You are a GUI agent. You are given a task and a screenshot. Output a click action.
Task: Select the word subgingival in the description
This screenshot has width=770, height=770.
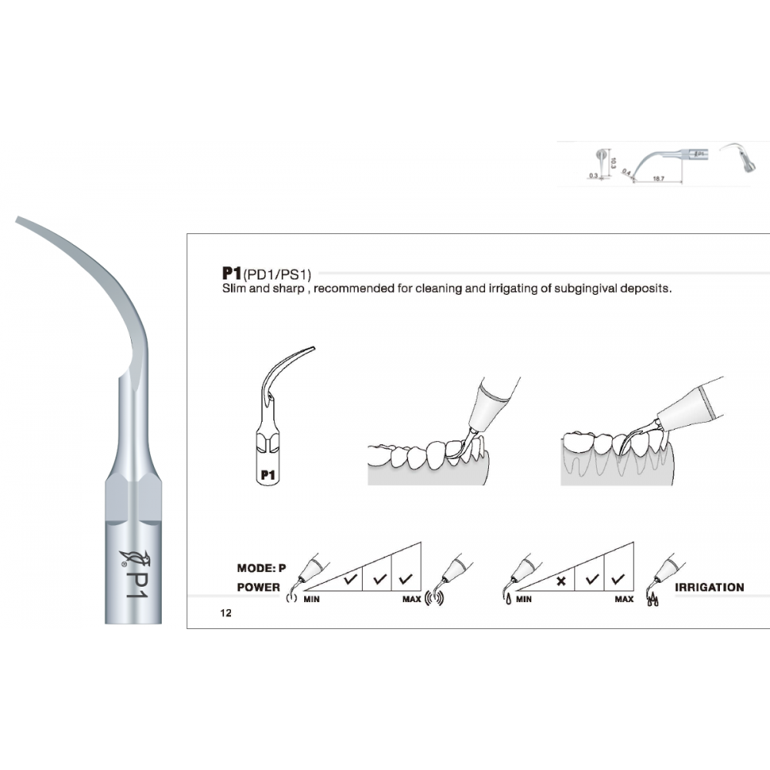tap(587, 290)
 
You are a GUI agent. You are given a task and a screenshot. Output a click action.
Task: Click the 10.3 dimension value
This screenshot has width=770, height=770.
tap(613, 162)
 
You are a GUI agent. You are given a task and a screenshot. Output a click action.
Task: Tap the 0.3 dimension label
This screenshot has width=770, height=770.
tap(592, 176)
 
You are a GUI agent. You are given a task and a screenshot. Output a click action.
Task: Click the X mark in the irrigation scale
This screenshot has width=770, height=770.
tap(561, 581)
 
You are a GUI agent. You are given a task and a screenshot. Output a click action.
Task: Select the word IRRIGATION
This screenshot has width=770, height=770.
tap(709, 587)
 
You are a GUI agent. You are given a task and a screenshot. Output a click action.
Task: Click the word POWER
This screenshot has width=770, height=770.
tap(258, 587)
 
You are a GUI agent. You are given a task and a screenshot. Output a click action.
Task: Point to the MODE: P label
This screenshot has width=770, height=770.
tap(261, 568)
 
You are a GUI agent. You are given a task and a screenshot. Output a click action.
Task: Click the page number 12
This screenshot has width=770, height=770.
tap(225, 614)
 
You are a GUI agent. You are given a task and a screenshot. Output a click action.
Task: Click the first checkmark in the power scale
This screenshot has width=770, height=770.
tap(350, 579)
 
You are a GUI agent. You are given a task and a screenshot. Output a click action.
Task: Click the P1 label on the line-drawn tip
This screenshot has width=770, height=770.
tap(268, 475)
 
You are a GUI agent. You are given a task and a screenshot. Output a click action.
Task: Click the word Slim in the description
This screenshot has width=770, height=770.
tap(234, 290)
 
